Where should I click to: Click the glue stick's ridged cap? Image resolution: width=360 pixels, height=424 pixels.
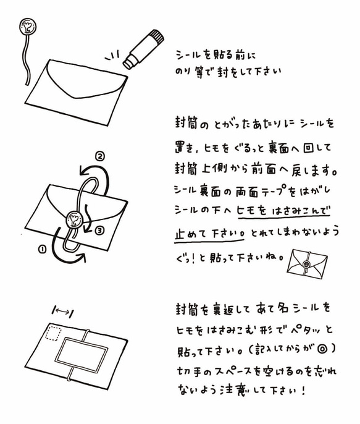pos(156,38)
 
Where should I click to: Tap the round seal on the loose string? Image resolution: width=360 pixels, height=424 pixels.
pos(28,27)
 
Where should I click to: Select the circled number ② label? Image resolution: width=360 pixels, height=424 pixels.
pos(99,156)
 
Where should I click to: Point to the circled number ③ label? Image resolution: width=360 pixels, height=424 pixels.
pos(99,230)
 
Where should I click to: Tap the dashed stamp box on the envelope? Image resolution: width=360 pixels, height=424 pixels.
pos(53,333)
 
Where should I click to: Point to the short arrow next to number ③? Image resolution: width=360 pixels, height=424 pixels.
pos(87,219)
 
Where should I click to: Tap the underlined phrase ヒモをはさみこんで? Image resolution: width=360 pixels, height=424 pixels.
pos(283,211)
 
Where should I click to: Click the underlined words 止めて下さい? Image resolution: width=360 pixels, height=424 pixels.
pos(209,233)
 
